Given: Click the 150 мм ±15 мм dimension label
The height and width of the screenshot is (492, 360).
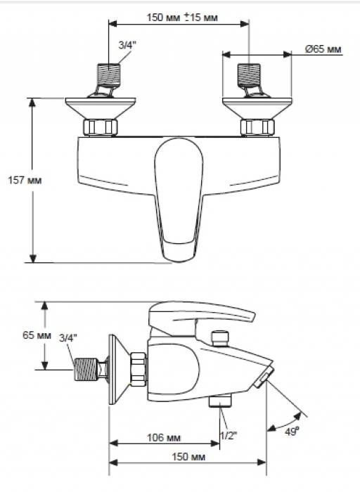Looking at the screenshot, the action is click(x=182, y=17).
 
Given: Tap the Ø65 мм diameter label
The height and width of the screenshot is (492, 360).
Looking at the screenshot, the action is click(x=323, y=49).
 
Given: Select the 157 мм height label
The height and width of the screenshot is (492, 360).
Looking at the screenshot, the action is click(x=25, y=181).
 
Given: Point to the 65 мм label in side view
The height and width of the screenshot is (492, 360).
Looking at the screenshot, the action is click(x=37, y=335).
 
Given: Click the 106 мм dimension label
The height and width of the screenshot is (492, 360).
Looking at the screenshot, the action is click(x=164, y=437).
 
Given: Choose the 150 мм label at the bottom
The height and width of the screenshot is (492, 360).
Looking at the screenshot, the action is click(x=188, y=457).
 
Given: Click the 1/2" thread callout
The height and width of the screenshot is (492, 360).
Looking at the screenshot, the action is click(x=229, y=436).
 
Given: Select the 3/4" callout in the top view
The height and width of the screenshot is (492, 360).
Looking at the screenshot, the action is click(x=127, y=45).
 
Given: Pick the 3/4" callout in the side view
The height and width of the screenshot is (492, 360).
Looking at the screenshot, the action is click(x=67, y=338).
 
